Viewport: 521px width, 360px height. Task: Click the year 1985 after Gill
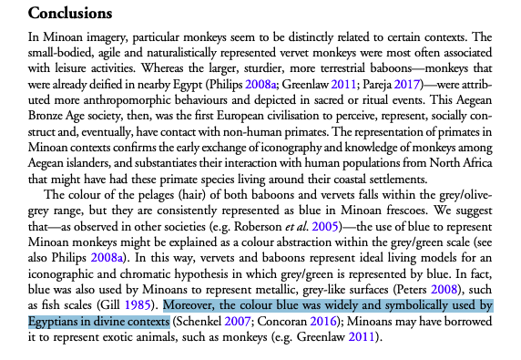[140, 303]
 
